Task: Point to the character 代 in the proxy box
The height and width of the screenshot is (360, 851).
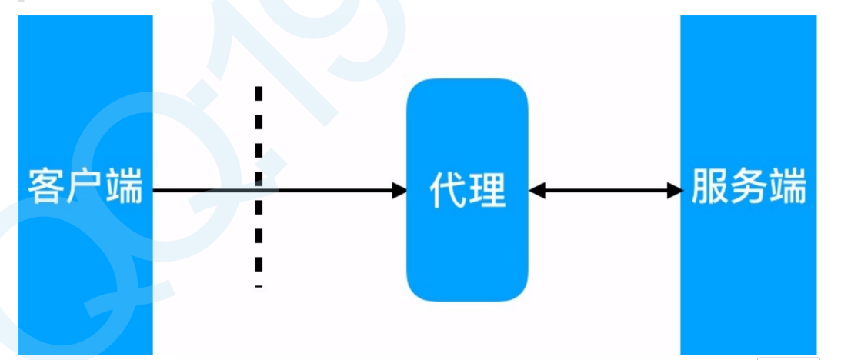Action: click(x=448, y=190)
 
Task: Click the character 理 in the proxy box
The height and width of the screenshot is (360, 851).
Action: click(x=488, y=190)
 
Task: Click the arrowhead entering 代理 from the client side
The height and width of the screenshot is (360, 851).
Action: click(x=400, y=190)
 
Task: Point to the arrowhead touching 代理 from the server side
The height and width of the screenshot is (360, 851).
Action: click(x=536, y=190)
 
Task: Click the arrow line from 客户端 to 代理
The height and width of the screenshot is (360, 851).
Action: click(x=331, y=190)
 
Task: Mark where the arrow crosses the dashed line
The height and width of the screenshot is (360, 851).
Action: click(x=259, y=190)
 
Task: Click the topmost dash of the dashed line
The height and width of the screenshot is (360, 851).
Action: click(x=259, y=93)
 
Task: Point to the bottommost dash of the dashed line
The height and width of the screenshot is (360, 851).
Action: click(x=259, y=286)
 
